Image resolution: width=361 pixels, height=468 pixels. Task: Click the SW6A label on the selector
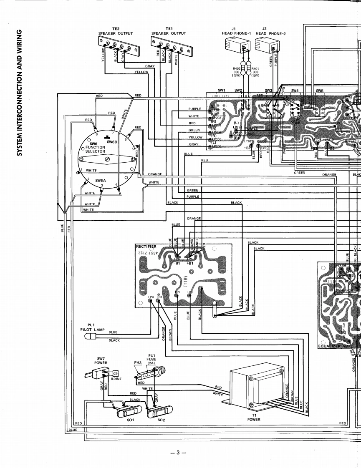pos(101,181)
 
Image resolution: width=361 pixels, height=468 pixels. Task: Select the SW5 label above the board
pos(320,90)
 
